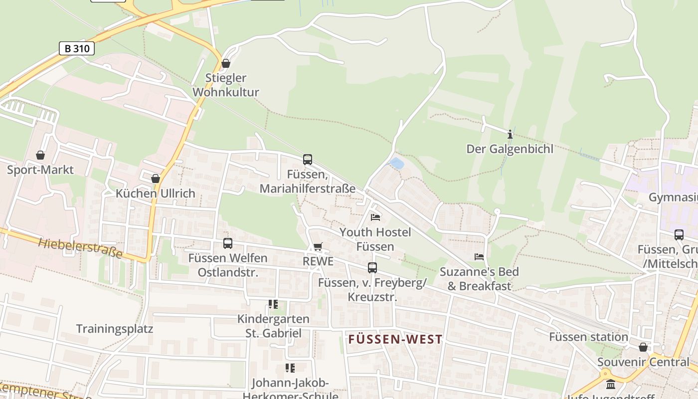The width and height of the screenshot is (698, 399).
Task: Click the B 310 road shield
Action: [77, 48]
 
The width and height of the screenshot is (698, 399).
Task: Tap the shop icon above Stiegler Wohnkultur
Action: [226, 63]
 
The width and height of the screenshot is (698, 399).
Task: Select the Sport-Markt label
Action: [40, 170]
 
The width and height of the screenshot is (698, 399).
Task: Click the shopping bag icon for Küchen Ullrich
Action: [156, 179]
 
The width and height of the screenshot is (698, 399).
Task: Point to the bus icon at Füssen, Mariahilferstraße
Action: [308, 160]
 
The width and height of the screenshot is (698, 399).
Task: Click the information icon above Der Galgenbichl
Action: [510, 134]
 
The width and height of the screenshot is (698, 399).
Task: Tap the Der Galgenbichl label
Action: [510, 149]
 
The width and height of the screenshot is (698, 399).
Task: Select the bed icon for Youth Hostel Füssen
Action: [375, 217]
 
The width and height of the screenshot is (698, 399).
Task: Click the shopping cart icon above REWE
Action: [318, 247]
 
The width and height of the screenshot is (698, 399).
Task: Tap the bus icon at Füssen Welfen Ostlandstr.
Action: [228, 243]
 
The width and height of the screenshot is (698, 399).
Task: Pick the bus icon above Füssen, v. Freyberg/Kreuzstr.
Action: [372, 268]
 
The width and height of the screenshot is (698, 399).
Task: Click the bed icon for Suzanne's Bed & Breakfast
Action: [479, 257]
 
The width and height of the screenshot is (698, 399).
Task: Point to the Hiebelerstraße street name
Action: [80, 247]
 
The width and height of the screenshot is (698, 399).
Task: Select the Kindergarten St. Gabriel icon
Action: [273, 304]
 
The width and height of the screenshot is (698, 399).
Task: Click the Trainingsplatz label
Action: [115, 329]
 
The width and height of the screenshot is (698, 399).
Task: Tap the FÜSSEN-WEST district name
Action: [395, 340]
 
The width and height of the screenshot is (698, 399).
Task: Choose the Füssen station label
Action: [588, 337]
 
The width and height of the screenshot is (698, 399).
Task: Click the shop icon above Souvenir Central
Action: [643, 347]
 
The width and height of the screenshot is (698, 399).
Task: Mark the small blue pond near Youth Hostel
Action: [396, 163]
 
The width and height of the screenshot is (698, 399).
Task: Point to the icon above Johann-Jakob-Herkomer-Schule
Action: [290, 369]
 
